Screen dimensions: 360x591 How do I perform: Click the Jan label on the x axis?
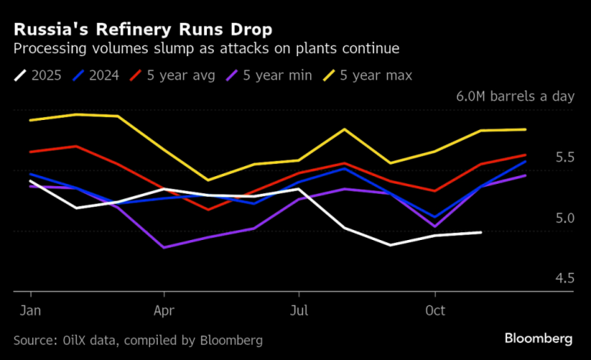pos(31,312)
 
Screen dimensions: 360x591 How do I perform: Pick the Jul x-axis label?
pos(299,312)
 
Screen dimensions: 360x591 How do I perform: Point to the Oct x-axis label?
pos(436,312)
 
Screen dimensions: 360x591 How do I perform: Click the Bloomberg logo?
pos(538,338)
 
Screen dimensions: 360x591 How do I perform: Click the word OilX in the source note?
pos(76,340)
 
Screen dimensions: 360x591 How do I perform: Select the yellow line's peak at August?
pos(345,129)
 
